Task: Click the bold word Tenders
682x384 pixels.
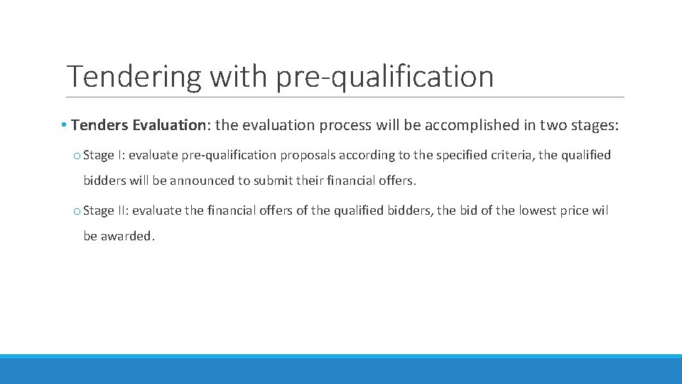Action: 99,125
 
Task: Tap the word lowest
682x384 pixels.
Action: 540,210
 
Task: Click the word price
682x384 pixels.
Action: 580,210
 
